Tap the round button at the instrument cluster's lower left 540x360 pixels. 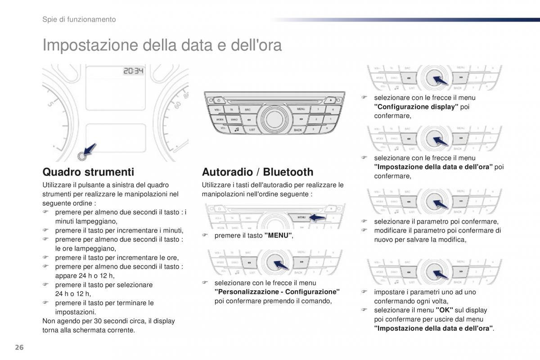point(81,156)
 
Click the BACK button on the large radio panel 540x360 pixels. point(297,130)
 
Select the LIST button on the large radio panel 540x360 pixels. point(252,130)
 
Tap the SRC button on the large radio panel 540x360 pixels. point(247,109)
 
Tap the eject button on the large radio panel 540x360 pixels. point(330,100)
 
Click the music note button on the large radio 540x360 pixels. point(236,130)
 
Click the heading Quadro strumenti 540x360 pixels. point(88,172)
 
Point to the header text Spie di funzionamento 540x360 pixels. point(79,19)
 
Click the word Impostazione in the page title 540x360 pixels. point(90,45)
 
